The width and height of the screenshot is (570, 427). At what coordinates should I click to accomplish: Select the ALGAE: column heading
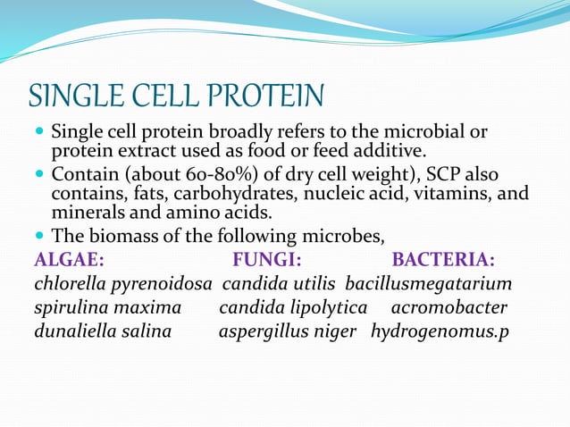69,260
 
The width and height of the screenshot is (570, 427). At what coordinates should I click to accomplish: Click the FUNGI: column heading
266,260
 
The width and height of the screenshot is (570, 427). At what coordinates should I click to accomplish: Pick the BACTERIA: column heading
444,260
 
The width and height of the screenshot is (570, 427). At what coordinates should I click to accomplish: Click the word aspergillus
262,332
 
